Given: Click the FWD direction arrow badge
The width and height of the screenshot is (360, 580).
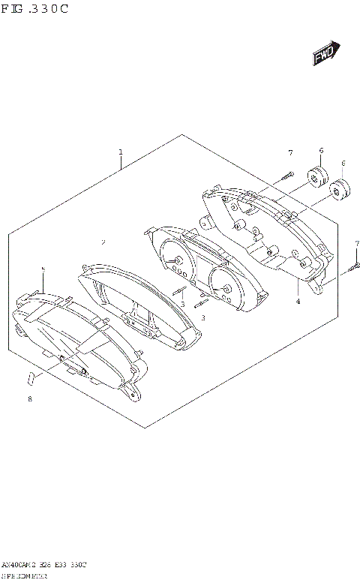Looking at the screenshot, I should pyautogui.click(x=325, y=55).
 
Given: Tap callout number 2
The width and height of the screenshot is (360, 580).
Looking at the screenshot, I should pyautogui.click(x=103, y=242).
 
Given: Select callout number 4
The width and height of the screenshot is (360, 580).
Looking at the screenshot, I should pyautogui.click(x=298, y=301).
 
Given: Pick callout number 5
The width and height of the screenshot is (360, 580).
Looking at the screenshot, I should pyautogui.click(x=43, y=268).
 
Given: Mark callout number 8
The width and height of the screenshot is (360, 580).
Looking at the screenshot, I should pyautogui.click(x=30, y=399).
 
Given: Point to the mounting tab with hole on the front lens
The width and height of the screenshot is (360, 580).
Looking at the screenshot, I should pyautogui.click(x=133, y=391).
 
